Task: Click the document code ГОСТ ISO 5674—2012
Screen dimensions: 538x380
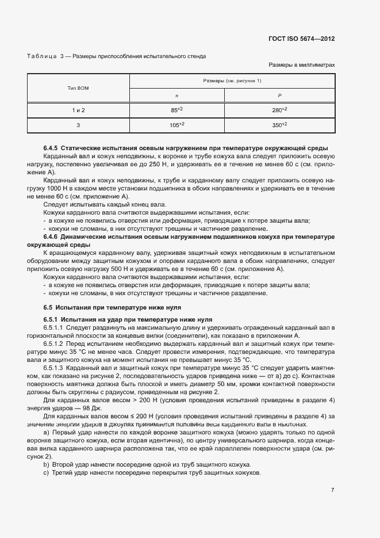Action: coord(301,39)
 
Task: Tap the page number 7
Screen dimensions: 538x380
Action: coord(332,490)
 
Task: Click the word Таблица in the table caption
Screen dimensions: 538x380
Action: coord(41,56)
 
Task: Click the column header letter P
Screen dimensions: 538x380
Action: coord(279,96)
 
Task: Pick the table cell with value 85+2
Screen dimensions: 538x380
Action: coord(176,110)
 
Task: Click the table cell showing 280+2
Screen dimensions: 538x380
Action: coord(279,110)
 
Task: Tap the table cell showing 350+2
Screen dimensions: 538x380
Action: coord(279,124)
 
